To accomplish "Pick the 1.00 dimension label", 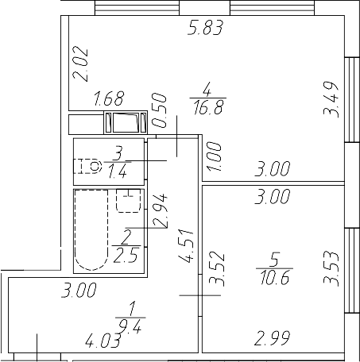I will [x=213, y=153].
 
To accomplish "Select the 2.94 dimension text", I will [x=160, y=210].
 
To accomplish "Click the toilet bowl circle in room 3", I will [x=95, y=166].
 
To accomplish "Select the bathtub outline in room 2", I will [x=90, y=230].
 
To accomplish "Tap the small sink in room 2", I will [x=127, y=201].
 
